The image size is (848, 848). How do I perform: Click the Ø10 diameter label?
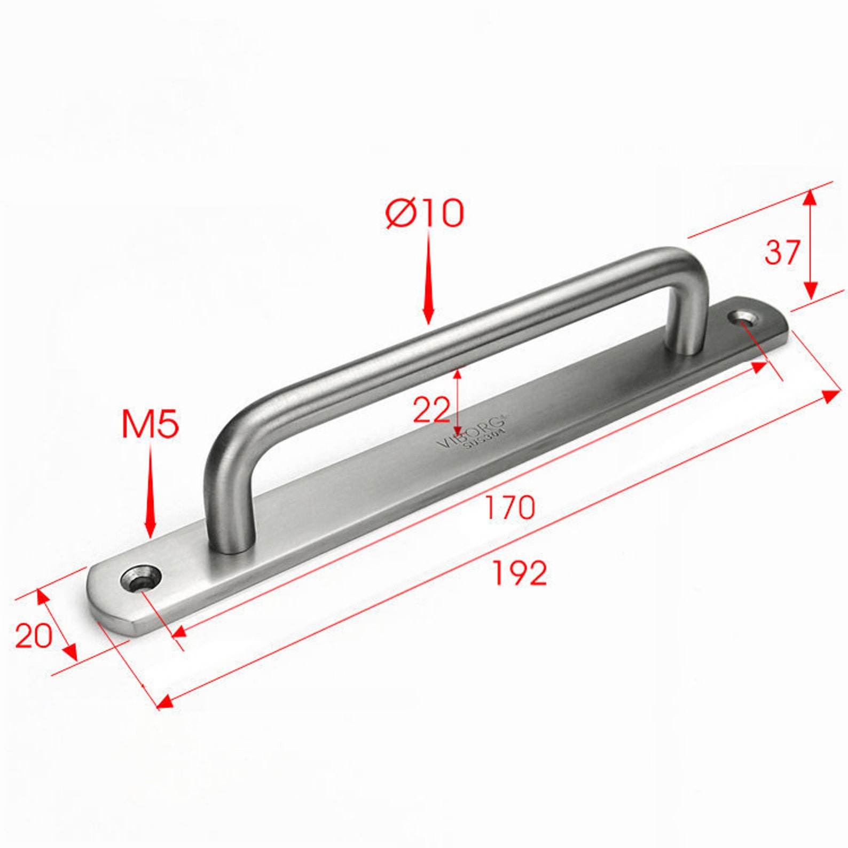425,213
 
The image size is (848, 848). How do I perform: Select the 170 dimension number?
509,508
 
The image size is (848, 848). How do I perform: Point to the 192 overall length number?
519,574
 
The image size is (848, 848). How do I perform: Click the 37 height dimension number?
782,253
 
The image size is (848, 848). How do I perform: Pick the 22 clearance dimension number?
431,411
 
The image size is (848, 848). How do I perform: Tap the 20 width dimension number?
33,635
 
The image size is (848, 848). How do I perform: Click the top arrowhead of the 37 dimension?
810,198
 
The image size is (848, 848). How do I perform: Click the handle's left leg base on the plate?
230,542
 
